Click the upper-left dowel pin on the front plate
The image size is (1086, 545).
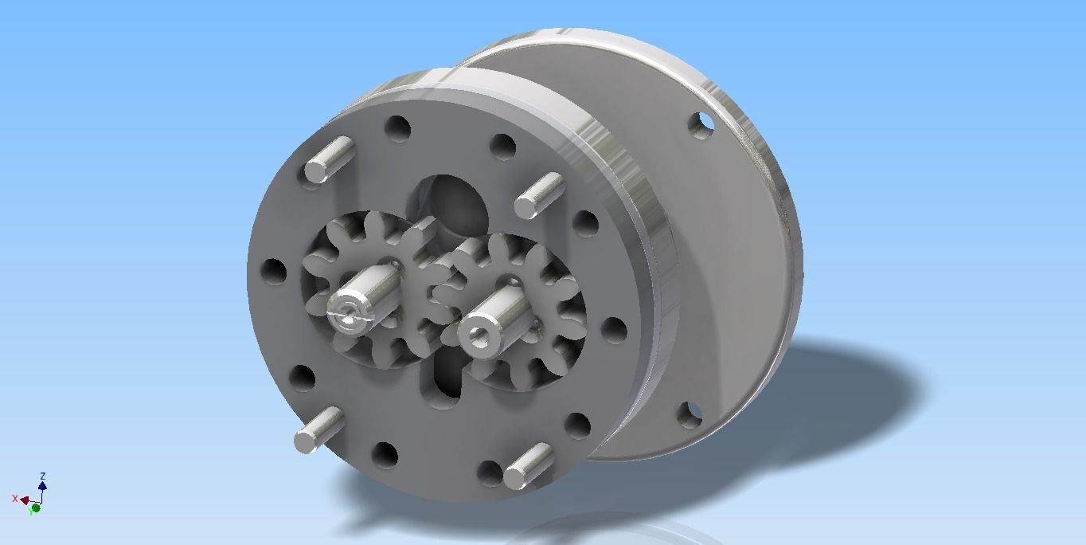coord(328,160)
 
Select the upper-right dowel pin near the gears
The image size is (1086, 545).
coord(537,196)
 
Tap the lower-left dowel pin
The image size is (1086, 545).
coord(318,430)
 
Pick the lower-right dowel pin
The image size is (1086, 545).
coord(528,465)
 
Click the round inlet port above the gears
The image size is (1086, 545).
coord(451,202)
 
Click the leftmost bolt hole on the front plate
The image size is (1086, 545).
coord(273,271)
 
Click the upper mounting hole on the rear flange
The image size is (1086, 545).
coord(701,124)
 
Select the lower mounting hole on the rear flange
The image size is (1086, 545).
coord(689,413)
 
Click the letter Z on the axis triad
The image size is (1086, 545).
coord(42,476)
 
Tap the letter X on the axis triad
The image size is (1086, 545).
coord(15,499)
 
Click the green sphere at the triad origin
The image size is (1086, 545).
coord(36,508)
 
